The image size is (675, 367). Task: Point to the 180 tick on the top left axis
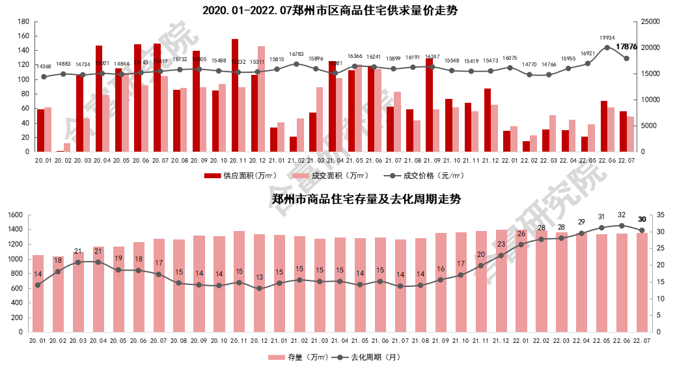tap(23, 21)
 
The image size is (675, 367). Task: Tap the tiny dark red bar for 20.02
tap(60, 151)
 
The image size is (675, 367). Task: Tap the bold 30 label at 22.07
tap(642, 219)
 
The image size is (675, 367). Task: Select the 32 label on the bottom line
tap(622, 215)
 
